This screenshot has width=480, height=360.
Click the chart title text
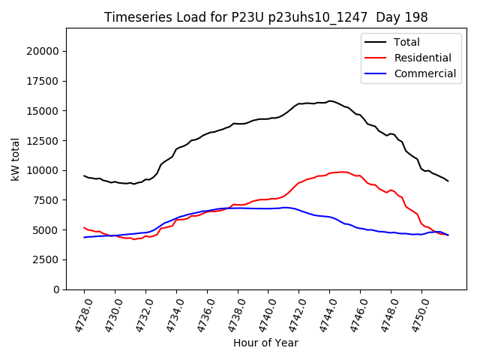click(x=265, y=17)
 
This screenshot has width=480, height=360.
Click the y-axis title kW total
click(x=15, y=159)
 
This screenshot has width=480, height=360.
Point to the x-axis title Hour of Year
click(x=265, y=343)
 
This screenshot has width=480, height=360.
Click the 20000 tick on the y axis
click(x=43, y=51)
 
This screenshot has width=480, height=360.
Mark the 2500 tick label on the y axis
click(x=46, y=259)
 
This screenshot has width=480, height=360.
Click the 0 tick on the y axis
click(x=56, y=289)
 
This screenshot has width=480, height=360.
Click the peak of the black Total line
click(x=329, y=100)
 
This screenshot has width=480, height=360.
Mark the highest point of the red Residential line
click(x=343, y=172)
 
